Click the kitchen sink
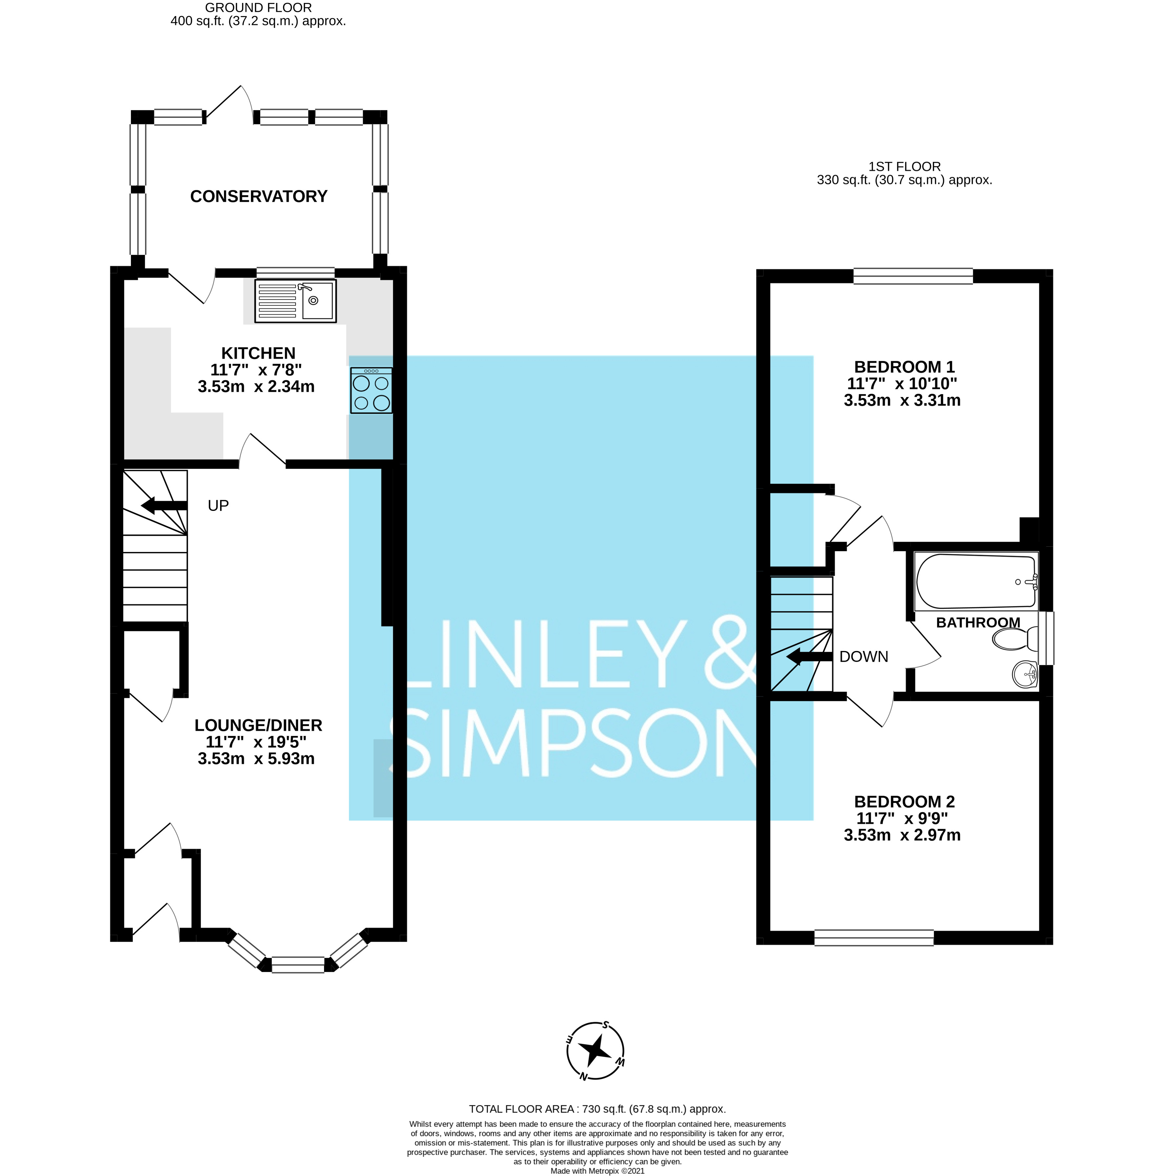click(295, 301)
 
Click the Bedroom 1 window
click(912, 276)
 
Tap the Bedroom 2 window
click(873, 937)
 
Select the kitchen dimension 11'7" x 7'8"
click(256, 369)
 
